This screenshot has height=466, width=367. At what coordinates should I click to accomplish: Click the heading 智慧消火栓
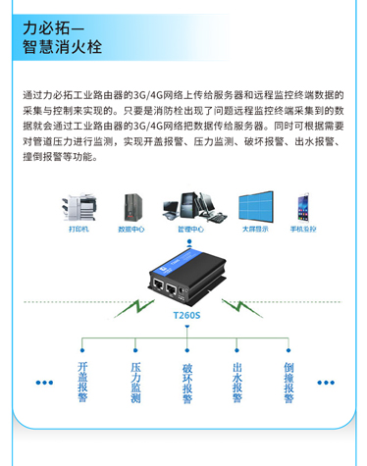[x=65, y=48]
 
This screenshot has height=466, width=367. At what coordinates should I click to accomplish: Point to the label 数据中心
[x=131, y=229]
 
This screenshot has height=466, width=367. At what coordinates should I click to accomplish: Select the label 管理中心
[x=191, y=229]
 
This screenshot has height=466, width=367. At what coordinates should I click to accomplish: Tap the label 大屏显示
[x=256, y=229]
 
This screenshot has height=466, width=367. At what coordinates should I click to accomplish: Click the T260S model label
[x=184, y=316]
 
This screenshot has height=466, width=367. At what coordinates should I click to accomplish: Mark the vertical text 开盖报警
[x=82, y=382]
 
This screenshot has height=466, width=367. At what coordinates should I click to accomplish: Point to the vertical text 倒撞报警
[x=288, y=382]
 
